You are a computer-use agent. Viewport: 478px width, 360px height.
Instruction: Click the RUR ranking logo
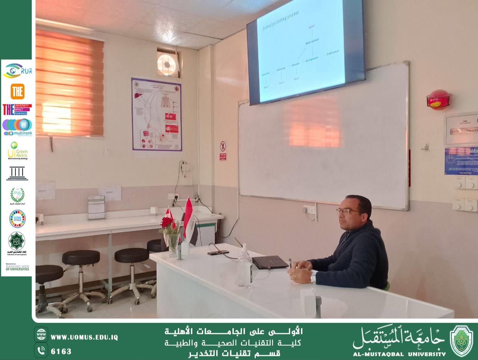[17, 71]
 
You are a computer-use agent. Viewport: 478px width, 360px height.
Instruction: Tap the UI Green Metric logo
[17, 150]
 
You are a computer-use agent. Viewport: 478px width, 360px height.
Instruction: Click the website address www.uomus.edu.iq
[84, 337]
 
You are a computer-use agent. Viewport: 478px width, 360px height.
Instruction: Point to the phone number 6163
[61, 351]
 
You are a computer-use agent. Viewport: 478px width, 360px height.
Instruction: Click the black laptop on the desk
[270, 262]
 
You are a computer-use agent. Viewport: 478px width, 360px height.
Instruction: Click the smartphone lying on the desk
[218, 253]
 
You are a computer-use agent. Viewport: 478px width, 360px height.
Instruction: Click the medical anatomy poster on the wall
[157, 114]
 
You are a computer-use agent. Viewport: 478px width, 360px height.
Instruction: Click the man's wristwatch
[313, 277]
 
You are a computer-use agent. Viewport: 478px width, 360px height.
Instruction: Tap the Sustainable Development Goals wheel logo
[17, 219]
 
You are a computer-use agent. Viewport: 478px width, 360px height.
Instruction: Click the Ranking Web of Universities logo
[17, 267]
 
